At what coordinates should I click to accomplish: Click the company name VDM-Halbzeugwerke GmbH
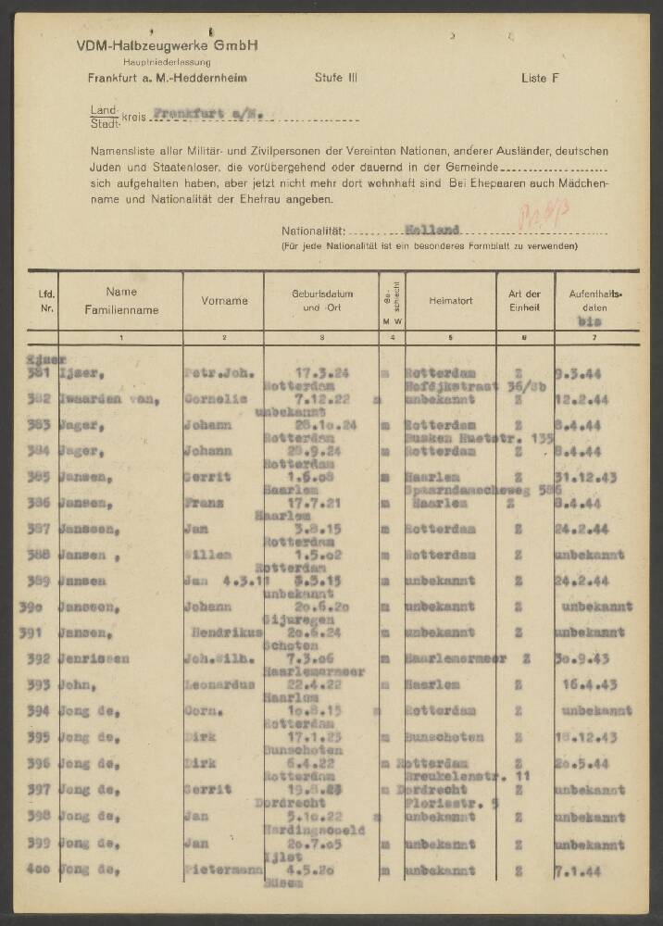[x=168, y=45]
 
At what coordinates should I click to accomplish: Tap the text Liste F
[x=540, y=79]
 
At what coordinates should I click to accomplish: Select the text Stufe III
[x=336, y=79]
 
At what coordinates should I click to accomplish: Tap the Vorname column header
[x=224, y=300]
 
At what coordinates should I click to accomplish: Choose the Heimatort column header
[x=451, y=300]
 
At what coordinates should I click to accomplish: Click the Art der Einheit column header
[x=523, y=300]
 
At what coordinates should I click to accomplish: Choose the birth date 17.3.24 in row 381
[x=322, y=372]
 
